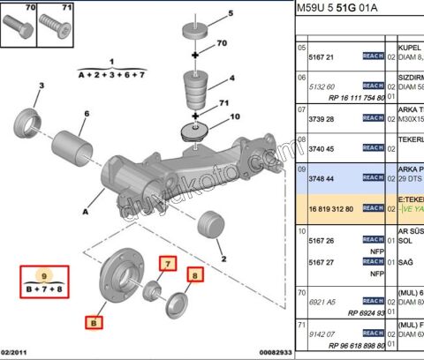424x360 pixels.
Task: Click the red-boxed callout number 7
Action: (x=167, y=263)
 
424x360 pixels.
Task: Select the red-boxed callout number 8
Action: (x=195, y=274)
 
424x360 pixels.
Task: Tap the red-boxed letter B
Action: (x=93, y=323)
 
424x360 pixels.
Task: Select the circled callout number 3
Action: (x=41, y=85)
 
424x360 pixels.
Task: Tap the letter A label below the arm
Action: (x=84, y=211)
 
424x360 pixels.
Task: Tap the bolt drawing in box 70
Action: (x=19, y=29)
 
